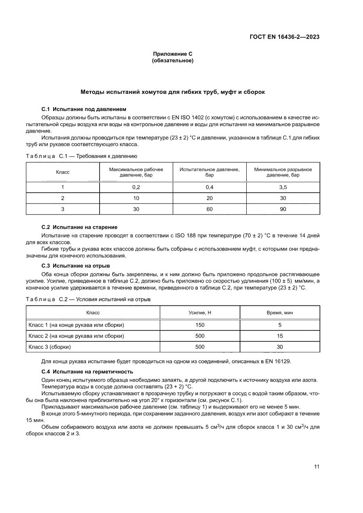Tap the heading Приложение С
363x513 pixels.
[172, 54]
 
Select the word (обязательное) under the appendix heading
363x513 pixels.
[172, 61]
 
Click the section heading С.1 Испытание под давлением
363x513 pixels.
[83, 108]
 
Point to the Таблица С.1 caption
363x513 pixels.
[82, 156]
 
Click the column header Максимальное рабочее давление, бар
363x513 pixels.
[136, 172]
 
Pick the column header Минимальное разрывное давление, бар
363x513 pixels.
[283, 172]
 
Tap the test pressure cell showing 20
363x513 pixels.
[209, 198]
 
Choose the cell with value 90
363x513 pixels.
[283, 209]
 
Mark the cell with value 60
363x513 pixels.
[209, 209]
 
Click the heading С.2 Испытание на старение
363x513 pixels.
[79, 227]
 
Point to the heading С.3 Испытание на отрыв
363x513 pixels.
[75, 266]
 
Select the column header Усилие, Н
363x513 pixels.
[199, 312]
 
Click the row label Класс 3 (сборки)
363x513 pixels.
[50, 347]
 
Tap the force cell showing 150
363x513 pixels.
[199, 325]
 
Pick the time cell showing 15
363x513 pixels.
[280, 336]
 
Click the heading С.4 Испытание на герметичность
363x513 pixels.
[87, 372]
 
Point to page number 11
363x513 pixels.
[316, 466]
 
